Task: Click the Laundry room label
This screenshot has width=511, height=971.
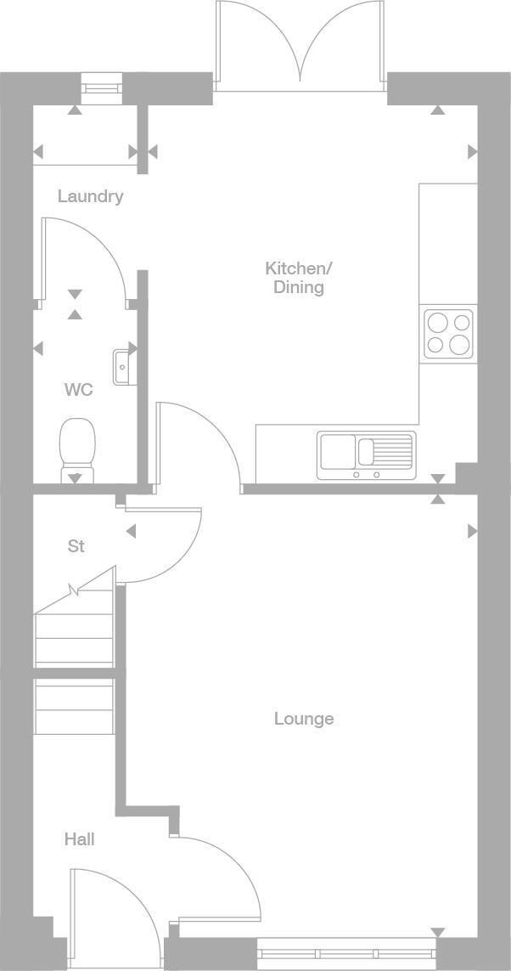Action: click(90, 196)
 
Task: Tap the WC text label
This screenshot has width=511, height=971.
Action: click(78, 390)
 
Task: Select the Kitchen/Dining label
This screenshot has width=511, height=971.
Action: click(299, 278)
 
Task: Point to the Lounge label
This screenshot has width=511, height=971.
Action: click(303, 719)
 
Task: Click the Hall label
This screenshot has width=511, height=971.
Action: click(79, 839)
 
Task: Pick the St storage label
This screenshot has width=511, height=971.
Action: click(76, 546)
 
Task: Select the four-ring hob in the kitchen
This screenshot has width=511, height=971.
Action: click(448, 334)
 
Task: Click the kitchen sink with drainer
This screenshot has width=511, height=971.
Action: click(366, 455)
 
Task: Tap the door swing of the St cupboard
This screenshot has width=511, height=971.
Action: click(161, 544)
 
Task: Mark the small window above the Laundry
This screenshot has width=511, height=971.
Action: click(102, 86)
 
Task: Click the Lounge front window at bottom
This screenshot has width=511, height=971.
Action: click(346, 952)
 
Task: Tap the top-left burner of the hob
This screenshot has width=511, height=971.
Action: click(437, 323)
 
